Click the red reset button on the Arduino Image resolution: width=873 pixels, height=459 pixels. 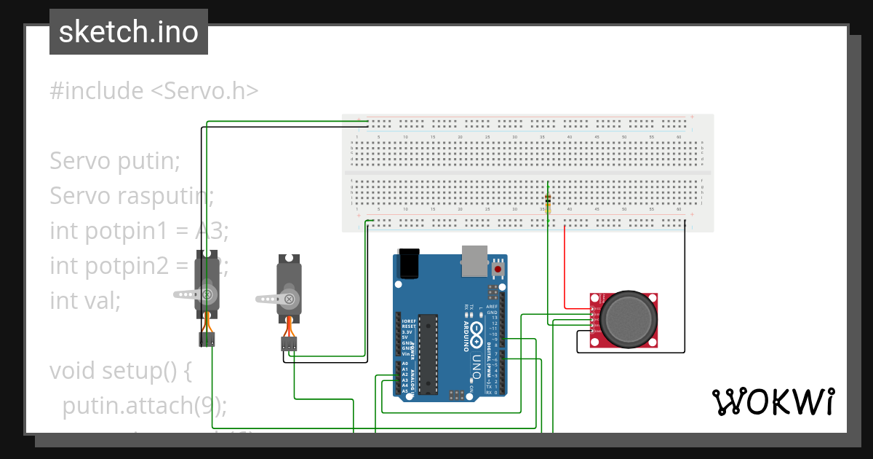click(x=498, y=270)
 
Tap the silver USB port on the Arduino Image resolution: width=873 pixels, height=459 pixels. click(x=474, y=262)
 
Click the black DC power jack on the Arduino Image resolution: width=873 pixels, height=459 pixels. click(x=409, y=263)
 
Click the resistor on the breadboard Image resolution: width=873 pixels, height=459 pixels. click(x=548, y=203)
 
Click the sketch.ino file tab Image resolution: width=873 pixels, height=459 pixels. click(x=129, y=32)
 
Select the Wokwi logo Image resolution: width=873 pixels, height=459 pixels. click(x=772, y=401)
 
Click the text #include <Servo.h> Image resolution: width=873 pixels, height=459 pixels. click(x=154, y=91)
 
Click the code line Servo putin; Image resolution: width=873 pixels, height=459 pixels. click(x=114, y=161)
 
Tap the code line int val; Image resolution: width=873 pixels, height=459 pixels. click(x=85, y=300)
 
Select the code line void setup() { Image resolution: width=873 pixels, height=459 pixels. click(x=120, y=371)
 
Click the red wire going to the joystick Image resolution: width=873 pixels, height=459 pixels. click(x=566, y=270)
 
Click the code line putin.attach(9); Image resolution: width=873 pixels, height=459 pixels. click(x=145, y=405)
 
